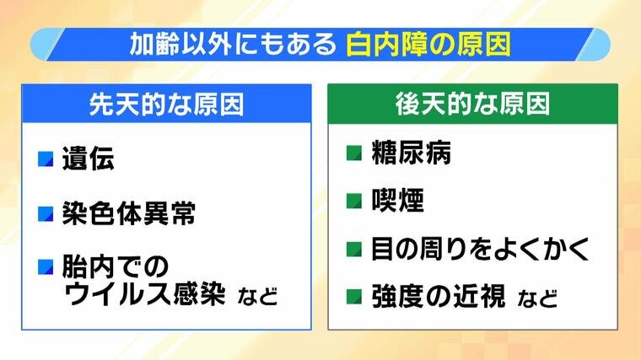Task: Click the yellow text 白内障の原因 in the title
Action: pos(428,44)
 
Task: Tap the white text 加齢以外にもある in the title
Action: pos(233,44)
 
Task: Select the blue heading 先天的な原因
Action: pos(166,105)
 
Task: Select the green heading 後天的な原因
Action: pos(472,104)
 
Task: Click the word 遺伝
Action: pos(88,159)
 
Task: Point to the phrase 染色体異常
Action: pos(129,213)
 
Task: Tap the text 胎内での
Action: pos(116,266)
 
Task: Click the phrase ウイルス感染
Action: pos(144,293)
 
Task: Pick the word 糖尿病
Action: pos(412,153)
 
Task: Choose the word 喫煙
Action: pos(397,200)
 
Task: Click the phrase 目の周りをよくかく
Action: pos(481,249)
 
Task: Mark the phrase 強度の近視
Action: pos(439,296)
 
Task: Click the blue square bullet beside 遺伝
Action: pos(46,159)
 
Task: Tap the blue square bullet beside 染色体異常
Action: pos(46,213)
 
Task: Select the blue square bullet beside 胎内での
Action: pos(46,266)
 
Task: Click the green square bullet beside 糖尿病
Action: pos(354,153)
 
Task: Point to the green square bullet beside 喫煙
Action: pos(354,201)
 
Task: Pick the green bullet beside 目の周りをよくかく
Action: pos(354,249)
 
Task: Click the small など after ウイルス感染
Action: pos(257,296)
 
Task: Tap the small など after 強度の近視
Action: pos(537,298)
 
